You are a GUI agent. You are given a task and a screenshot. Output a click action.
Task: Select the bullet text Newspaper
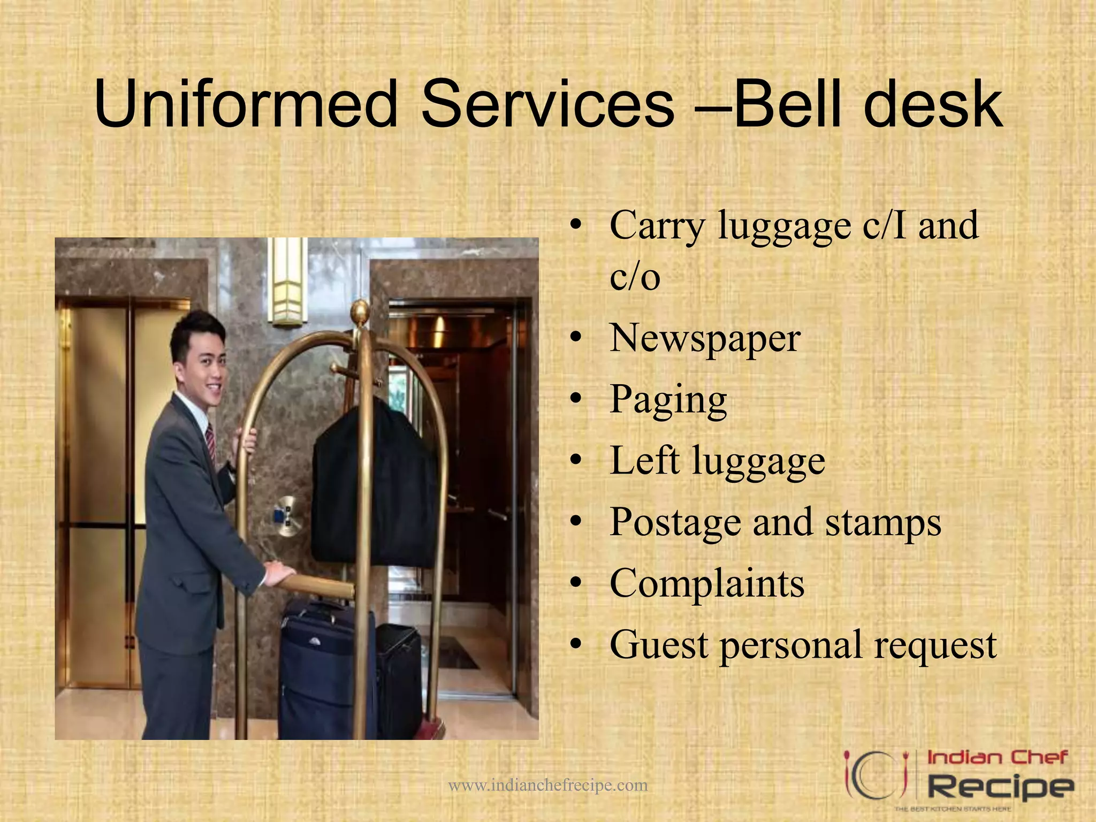(705, 339)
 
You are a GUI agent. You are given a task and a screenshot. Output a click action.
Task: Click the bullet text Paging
(668, 400)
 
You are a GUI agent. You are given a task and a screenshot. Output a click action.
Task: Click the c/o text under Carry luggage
(635, 277)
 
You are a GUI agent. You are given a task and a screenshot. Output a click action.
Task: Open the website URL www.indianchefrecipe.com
(547, 786)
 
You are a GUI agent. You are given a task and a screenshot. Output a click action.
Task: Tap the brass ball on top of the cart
(360, 311)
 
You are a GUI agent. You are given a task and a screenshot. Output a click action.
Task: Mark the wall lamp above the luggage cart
(287, 281)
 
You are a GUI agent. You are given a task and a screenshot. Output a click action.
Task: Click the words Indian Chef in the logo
(996, 758)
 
